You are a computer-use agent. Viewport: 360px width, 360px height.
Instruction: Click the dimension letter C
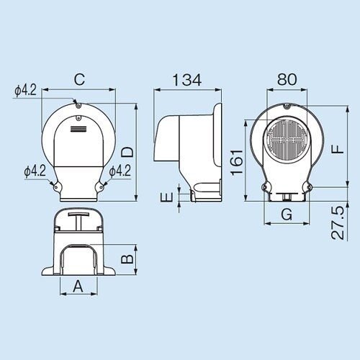79,79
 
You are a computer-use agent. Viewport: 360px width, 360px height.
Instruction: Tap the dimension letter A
78,286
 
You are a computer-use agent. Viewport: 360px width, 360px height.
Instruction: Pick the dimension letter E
166,195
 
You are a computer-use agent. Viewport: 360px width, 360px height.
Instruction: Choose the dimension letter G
286,214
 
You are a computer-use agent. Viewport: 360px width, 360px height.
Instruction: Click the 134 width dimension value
185,79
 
